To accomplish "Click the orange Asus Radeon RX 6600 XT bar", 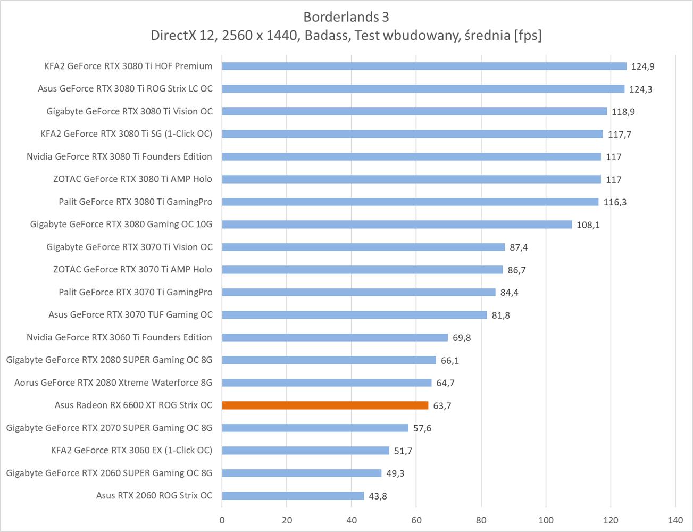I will tap(325, 405).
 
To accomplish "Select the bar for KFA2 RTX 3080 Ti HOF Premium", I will tap(424, 66).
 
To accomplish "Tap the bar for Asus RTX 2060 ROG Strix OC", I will tap(293, 496).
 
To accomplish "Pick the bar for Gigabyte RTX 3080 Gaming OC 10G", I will tap(397, 225).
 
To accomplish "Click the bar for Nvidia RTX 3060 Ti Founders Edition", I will tap(335, 337).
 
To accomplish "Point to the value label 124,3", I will tap(640, 89).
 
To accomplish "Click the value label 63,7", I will tap(442, 406).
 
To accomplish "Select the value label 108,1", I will tap(588, 225).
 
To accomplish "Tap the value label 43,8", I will tap(378, 496).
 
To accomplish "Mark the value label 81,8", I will tap(500, 315).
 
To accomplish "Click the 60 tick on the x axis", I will tap(416, 520).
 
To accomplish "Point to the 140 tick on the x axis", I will tap(675, 520).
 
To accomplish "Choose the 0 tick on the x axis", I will tap(222, 520).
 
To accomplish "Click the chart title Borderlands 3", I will tap(346, 17).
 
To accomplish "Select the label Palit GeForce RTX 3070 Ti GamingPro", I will tap(136, 292).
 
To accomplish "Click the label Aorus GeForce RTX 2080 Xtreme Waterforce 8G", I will tap(113, 383).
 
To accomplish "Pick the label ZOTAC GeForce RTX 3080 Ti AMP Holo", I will tap(132, 179).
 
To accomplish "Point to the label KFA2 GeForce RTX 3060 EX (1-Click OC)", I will tap(131, 451).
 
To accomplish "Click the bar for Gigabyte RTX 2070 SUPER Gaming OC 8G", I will tap(315, 428).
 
